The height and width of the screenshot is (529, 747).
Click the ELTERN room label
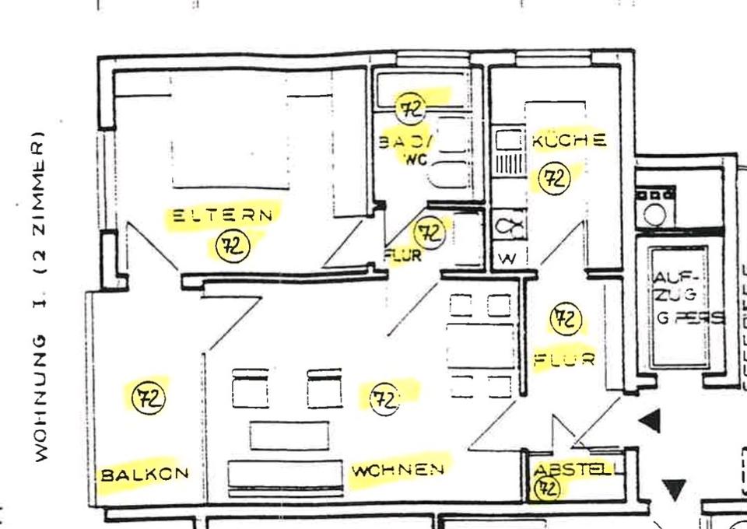pyautogui.click(x=223, y=215)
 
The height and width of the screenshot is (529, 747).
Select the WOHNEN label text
pyautogui.click(x=398, y=470)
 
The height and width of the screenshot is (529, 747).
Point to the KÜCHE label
pyautogui.click(x=569, y=141)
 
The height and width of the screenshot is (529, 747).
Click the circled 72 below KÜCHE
pyautogui.click(x=555, y=178)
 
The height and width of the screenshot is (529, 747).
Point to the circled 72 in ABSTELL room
pyautogui.click(x=547, y=489)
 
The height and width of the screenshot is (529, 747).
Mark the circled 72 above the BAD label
pyautogui.click(x=412, y=108)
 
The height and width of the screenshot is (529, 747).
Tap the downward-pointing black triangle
pyautogui.click(x=674, y=489)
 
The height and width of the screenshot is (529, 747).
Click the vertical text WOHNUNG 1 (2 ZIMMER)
pyautogui.click(x=40, y=299)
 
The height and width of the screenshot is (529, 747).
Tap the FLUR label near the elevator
pyautogui.click(x=564, y=360)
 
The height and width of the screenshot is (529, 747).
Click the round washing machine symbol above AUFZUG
pyautogui.click(x=654, y=212)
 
